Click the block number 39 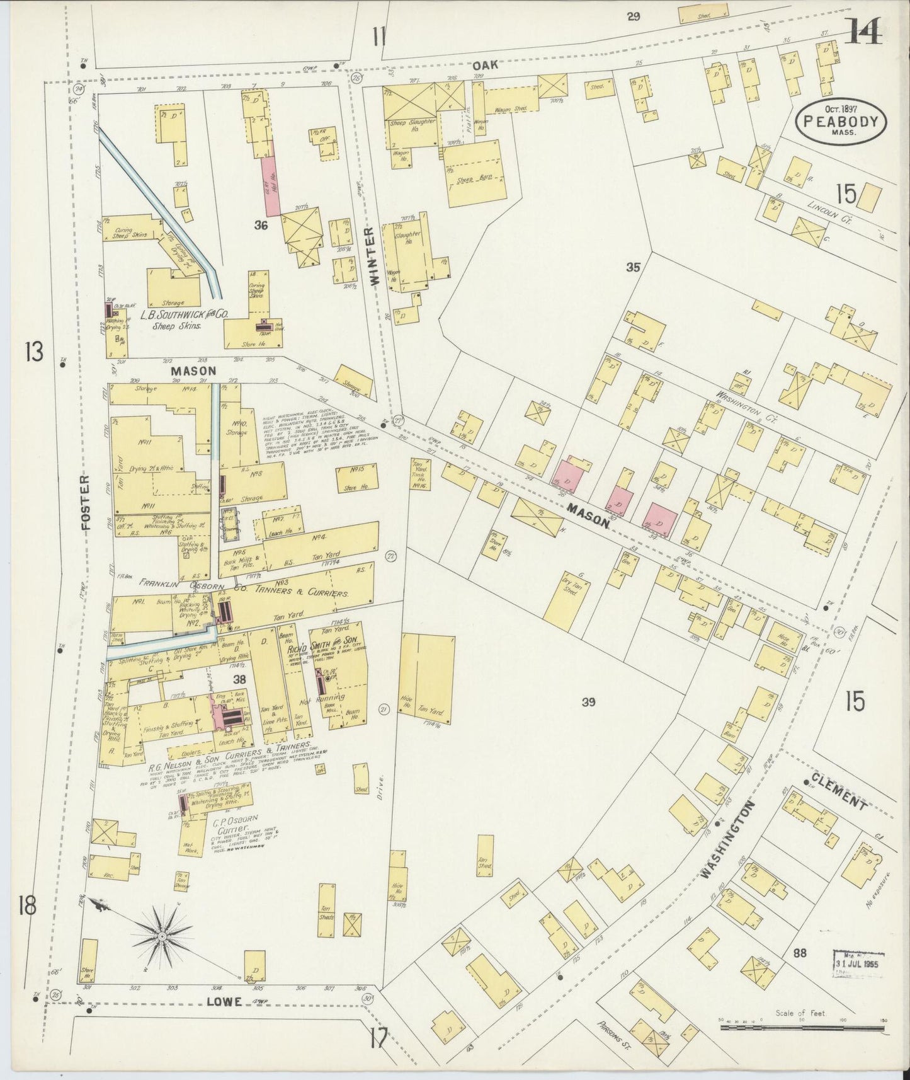[x=588, y=701]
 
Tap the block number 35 [x=633, y=267]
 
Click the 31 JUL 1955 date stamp [x=858, y=963]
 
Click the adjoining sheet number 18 [x=28, y=907]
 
